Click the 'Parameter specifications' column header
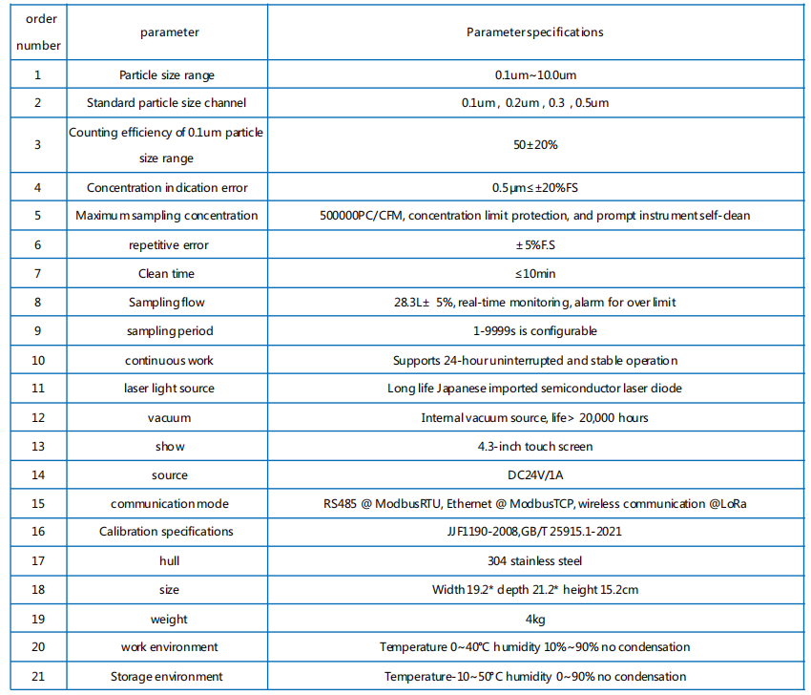click(534, 32)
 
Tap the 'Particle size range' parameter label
click(167, 74)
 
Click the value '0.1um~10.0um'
click(534, 74)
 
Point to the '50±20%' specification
click(534, 145)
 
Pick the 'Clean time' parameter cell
click(167, 274)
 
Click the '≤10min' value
click(534, 274)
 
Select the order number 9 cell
click(37, 331)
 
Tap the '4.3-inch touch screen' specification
click(534, 447)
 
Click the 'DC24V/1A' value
click(534, 475)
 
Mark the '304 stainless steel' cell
click(534, 561)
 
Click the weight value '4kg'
click(534, 619)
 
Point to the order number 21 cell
click(37, 676)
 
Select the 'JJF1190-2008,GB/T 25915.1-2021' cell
click(534, 532)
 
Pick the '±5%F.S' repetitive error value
click(534, 245)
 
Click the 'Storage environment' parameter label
click(167, 676)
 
